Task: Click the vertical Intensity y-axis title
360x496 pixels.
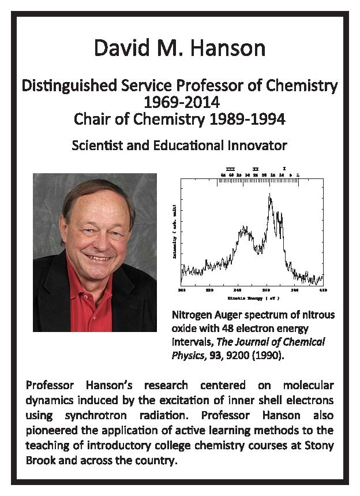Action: (x=175, y=232)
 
